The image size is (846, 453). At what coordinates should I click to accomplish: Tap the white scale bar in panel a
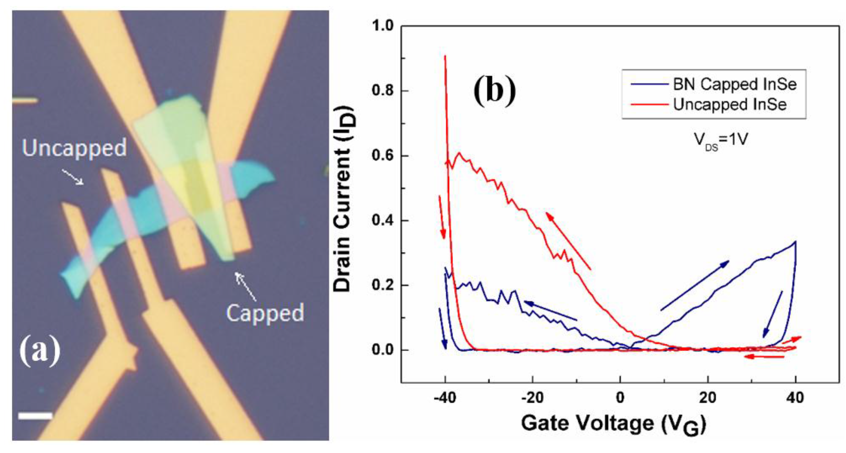click(35, 416)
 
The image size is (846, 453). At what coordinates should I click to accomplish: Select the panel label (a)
click(40, 352)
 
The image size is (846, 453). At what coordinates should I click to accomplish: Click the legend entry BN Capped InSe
click(735, 85)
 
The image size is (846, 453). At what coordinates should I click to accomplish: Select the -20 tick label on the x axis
click(532, 398)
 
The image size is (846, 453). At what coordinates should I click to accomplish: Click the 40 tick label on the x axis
click(795, 398)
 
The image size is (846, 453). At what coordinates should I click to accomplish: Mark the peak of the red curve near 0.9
click(445, 56)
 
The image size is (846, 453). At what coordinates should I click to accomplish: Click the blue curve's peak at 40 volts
click(795, 242)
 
